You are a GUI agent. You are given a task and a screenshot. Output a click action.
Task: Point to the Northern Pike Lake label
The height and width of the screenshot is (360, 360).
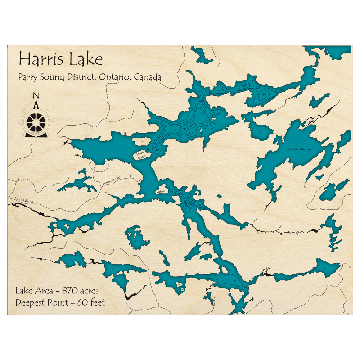[x=299, y=149]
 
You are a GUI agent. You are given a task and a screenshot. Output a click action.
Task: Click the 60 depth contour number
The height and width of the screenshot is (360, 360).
[x=184, y=129]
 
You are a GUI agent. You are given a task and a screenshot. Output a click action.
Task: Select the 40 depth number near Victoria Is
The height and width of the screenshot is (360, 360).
[x=189, y=204]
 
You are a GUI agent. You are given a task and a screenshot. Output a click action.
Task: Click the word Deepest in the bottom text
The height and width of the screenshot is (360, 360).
[x=30, y=302]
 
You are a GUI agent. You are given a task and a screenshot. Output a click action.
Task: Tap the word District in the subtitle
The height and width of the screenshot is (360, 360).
[x=80, y=77]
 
